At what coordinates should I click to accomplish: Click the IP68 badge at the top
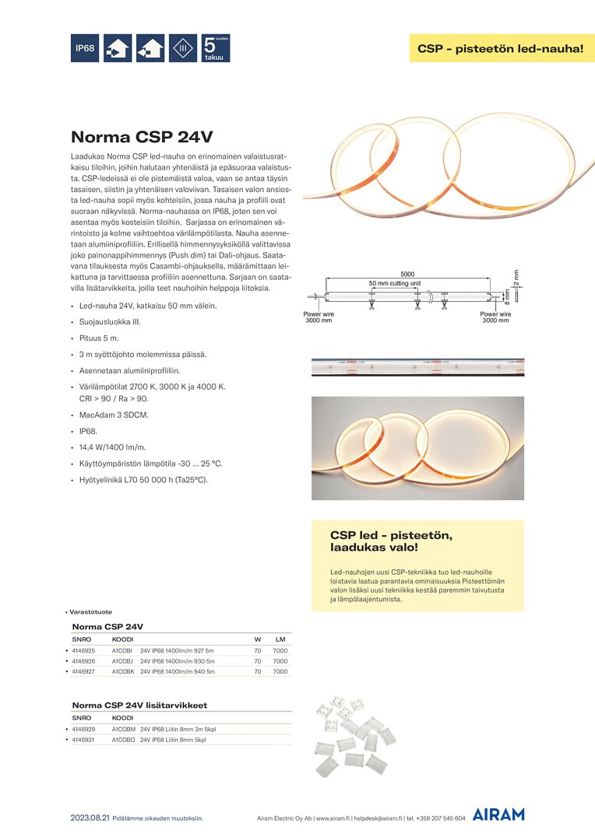[85, 48]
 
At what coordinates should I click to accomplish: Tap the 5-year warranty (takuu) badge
[216, 48]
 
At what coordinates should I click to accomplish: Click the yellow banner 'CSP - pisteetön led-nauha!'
[501, 48]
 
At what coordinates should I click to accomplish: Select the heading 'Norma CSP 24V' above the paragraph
[142, 138]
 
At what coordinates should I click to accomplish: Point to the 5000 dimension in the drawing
[407, 274]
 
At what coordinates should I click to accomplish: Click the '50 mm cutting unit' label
[394, 283]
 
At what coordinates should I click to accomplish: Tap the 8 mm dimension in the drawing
[507, 296]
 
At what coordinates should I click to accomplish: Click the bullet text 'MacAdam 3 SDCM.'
[113, 415]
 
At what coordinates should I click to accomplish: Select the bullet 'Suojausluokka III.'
[110, 321]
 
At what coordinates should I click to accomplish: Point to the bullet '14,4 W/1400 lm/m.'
[114, 447]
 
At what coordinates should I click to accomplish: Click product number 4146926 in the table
[83, 660]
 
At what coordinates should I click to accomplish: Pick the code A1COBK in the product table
[123, 671]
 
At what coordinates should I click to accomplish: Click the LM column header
[280, 639]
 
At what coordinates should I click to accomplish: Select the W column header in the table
[257, 639]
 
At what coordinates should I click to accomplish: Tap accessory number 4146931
[83, 740]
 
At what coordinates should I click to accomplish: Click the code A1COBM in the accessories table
[123, 729]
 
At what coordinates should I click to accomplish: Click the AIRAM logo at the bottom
[498, 814]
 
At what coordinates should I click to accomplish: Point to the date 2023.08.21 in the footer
[89, 818]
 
